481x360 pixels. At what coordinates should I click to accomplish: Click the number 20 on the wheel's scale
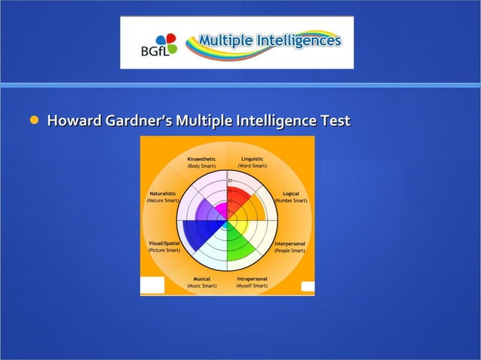[x=230, y=181]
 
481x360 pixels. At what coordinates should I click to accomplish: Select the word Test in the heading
[x=334, y=121]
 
